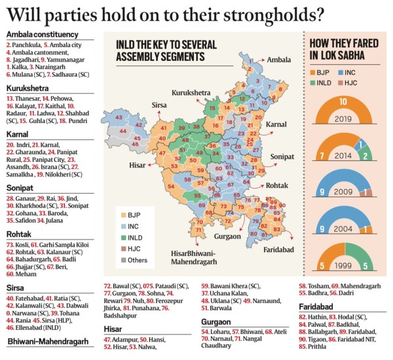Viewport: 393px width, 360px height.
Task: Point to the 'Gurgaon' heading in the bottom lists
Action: [217, 323]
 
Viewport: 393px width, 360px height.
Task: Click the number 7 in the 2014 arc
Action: [322, 154]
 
